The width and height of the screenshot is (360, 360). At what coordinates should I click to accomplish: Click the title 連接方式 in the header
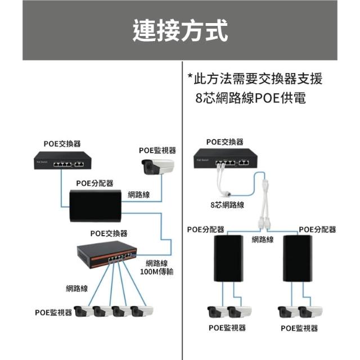click(180, 30)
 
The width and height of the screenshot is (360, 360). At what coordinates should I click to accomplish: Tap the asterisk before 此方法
click(190, 77)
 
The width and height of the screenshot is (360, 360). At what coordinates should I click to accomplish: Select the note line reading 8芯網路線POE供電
click(251, 97)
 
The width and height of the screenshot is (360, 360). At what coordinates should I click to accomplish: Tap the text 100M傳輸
click(156, 272)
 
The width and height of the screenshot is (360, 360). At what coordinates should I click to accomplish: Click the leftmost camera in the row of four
click(84, 310)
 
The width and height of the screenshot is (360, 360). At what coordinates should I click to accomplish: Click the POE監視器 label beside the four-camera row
click(53, 313)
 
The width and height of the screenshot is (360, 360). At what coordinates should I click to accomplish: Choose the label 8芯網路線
click(227, 205)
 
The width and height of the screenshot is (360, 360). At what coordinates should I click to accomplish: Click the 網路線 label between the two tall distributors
click(263, 240)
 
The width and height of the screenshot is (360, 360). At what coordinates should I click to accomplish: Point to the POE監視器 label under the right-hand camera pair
click(299, 328)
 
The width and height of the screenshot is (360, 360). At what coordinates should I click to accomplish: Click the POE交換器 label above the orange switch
click(109, 233)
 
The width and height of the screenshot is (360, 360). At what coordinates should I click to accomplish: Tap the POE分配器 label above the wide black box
click(94, 183)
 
